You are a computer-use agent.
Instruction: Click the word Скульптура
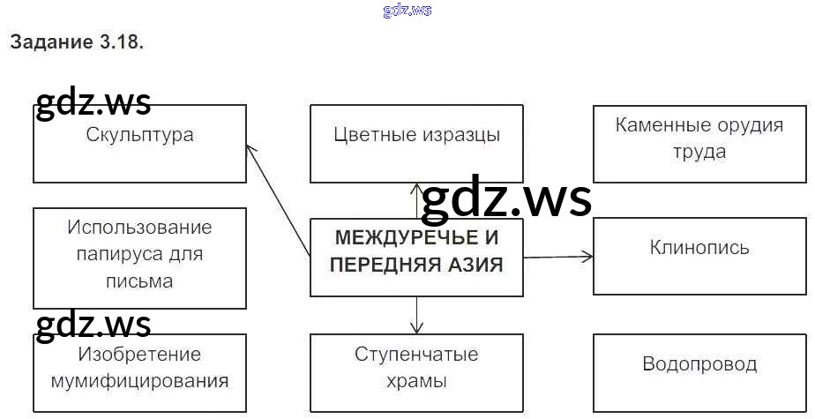(139, 135)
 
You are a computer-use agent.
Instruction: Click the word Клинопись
(699, 247)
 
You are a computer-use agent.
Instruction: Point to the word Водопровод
(699, 364)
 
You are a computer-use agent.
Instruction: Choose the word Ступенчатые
(416, 355)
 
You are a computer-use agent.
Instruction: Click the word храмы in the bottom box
(416, 381)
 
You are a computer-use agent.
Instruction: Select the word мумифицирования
(139, 381)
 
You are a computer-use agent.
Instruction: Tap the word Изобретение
(139, 355)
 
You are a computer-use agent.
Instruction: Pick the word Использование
(139, 228)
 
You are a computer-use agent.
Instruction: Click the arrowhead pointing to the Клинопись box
(588, 257)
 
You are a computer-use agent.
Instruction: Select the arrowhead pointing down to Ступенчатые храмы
(416, 325)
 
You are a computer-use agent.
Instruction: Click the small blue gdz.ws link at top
(407, 10)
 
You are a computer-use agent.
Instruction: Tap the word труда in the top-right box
(699, 152)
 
